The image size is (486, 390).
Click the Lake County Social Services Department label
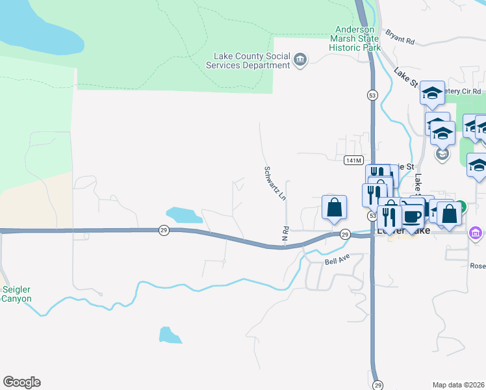[248, 60]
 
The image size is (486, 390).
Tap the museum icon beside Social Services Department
[300, 60]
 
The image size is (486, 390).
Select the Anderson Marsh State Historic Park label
[354, 38]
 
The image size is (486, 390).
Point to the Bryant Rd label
[400, 36]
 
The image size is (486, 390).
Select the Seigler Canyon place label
[16, 294]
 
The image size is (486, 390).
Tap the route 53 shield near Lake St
[372, 95]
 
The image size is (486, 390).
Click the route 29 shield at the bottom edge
[379, 385]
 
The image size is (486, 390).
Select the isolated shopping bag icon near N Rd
[334, 208]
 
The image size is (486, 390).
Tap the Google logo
[21, 382]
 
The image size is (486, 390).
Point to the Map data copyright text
[459, 385]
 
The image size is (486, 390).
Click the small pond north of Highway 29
[185, 214]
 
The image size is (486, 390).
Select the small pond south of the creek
[170, 335]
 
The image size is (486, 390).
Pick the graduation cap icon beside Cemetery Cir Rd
[432, 94]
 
